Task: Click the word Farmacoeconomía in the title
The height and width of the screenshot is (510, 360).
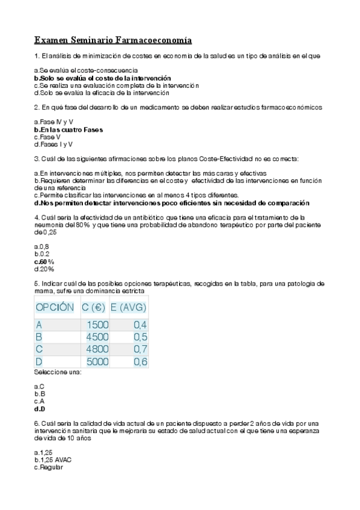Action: coord(159,41)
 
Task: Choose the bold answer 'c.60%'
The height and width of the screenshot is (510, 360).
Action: coord(44,262)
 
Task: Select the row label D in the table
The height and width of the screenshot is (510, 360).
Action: coord(40,361)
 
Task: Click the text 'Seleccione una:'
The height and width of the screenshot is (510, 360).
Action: coord(58,373)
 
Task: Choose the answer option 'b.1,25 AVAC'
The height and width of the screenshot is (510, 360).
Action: coord(54,459)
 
